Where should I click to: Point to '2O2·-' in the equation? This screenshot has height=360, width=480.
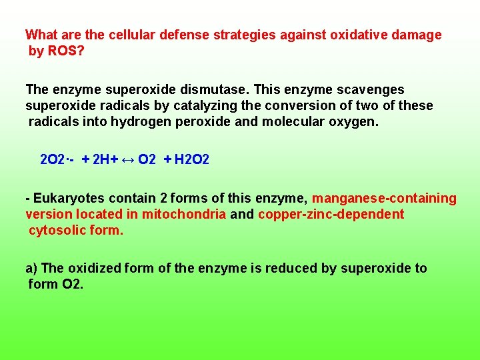point(56,160)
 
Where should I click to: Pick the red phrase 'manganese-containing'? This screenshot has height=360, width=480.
point(384,198)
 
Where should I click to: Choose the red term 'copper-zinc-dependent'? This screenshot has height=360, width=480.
point(331,214)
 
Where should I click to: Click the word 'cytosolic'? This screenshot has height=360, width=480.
point(57,230)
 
